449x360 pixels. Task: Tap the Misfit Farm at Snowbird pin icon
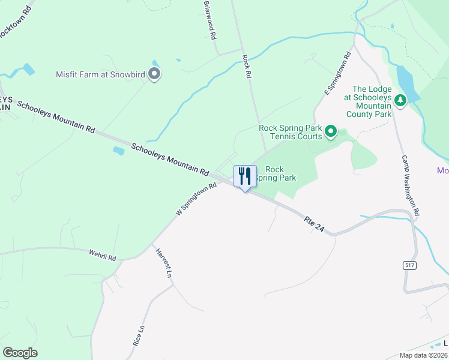154,74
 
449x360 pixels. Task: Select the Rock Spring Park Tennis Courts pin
330,131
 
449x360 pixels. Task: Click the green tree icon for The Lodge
400,100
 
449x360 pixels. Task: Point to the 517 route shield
411,265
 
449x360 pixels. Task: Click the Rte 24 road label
318,226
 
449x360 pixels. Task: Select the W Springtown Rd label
196,200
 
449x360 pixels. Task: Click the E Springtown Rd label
337,74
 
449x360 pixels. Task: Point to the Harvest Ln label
163,263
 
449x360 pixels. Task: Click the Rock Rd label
246,67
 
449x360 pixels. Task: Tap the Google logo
20,353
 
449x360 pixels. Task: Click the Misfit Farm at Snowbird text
100,74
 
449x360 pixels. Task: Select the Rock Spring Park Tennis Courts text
291,132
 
